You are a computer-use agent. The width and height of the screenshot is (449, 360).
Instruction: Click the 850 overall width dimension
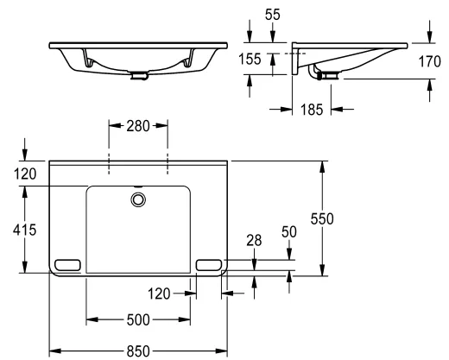[138, 351]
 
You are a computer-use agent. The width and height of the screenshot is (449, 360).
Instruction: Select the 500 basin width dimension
[138, 319]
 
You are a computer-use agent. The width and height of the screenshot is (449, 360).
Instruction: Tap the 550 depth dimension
[322, 218]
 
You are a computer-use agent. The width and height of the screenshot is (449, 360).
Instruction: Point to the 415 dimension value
[25, 230]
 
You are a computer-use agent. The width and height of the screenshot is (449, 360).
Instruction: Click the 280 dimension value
[138, 126]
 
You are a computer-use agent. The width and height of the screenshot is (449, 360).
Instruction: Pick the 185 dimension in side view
[312, 110]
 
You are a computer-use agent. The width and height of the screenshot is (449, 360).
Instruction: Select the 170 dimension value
[429, 61]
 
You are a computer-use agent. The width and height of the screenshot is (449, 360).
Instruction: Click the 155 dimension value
[250, 59]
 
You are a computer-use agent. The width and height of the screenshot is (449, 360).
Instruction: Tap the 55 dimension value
[272, 15]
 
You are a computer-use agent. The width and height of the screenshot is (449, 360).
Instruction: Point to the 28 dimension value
[254, 241]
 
